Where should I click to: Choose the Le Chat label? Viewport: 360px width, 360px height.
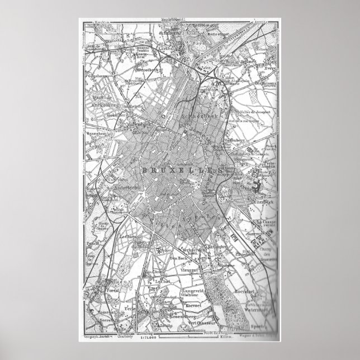point(163,282)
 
